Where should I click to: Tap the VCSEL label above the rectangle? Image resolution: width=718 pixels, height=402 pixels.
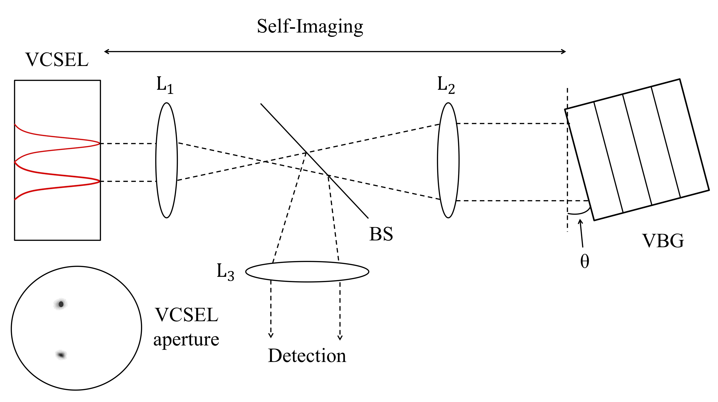(x=57, y=60)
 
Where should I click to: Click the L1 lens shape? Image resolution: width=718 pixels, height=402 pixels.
(x=166, y=160)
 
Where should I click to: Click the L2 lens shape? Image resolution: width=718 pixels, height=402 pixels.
(x=448, y=160)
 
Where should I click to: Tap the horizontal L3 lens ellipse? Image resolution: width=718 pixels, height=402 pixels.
(x=307, y=271)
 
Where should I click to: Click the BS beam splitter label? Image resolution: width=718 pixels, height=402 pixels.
(x=381, y=234)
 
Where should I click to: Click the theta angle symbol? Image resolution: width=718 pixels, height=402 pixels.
(x=585, y=262)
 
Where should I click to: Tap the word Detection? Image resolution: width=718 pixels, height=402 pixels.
(x=307, y=356)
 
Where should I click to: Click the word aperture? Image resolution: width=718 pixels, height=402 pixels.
(x=186, y=340)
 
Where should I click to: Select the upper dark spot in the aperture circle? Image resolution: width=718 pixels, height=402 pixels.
(x=61, y=304)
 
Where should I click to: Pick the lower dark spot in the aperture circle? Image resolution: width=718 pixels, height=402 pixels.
(x=61, y=355)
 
